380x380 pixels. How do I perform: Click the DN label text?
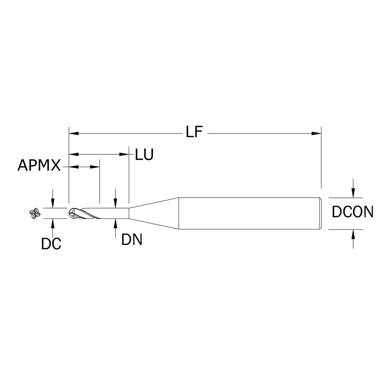coord(132,240)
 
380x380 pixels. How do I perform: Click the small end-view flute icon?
coord(34,214)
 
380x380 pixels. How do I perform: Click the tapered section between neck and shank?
coord(154,213)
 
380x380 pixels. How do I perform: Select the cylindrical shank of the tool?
coord(248,213)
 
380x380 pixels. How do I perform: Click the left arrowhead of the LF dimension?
coord(74,133)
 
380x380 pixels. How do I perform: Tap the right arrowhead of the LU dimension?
coord(123,154)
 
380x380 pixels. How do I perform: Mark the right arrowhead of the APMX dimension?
coord(95,167)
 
